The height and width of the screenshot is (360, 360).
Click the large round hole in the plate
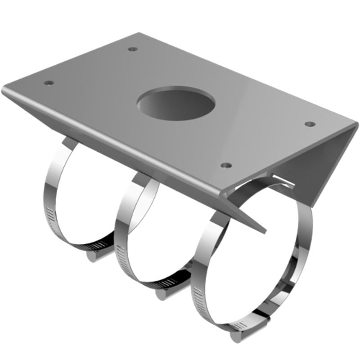tap(175, 106)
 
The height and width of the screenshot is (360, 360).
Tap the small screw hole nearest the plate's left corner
tap(49, 83)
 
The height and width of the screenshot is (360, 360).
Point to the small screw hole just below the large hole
tap(227, 165)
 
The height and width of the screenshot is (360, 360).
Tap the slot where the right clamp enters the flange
tap(281, 180)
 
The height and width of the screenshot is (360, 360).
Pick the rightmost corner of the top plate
tap(356, 123)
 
